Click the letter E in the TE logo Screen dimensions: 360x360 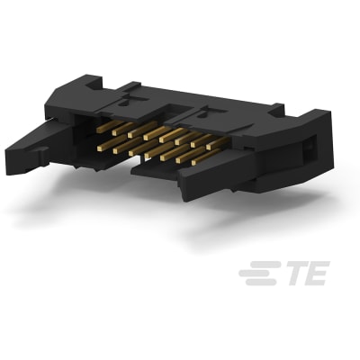click(x=315, y=272)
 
